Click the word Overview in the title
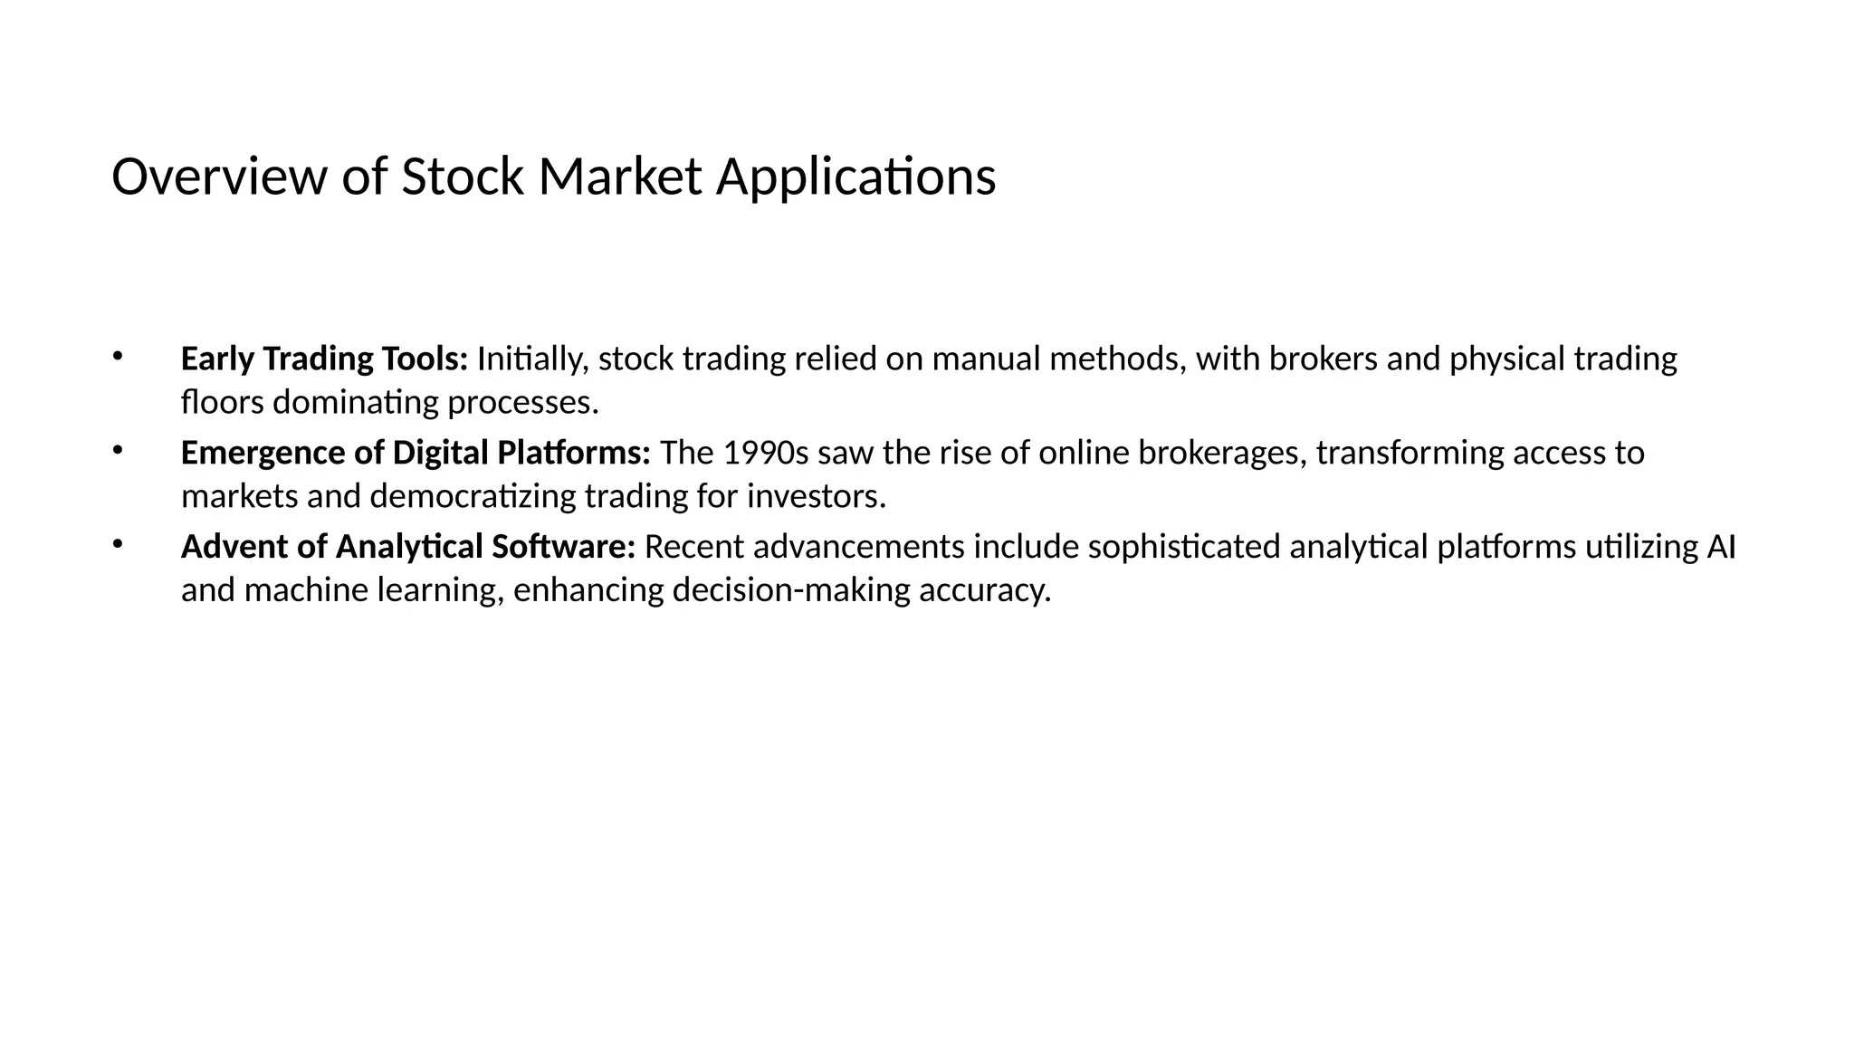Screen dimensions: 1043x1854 pos(217,177)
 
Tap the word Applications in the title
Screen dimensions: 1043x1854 pos(855,177)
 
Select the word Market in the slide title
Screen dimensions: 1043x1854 pos(619,177)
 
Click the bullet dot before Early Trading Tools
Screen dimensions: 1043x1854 pos(117,356)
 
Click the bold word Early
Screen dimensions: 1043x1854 pos(217,359)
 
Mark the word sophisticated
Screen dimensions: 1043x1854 pos(1183,548)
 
